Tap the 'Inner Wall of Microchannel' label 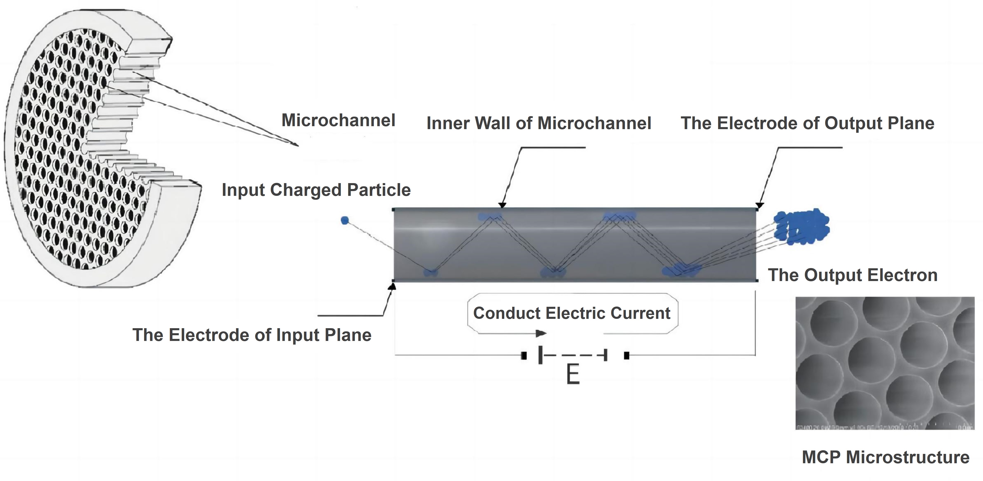coord(538,123)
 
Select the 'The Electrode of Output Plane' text coord(807,123)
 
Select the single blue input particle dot coord(345,220)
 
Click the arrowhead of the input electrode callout coord(392,286)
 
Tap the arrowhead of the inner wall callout coord(502,205)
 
